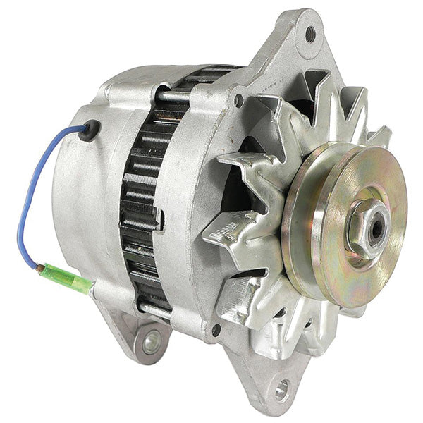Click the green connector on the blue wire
coord(69,278)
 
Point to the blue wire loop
coord(32,197)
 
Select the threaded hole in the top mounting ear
coord(309,32)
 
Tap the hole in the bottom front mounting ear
coord(282,387)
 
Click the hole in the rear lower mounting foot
coord(147,343)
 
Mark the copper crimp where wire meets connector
coord(47,268)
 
